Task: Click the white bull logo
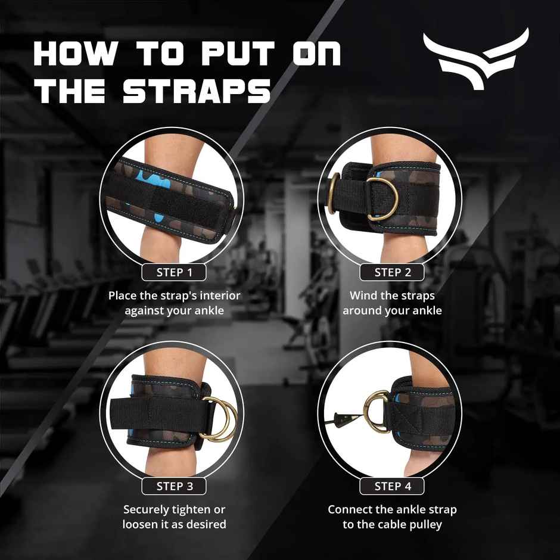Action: (x=475, y=58)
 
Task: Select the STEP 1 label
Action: (x=174, y=273)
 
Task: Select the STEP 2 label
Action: (x=392, y=273)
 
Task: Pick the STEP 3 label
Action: (x=174, y=486)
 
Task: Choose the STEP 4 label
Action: (x=392, y=486)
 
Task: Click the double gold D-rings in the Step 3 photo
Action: (x=219, y=418)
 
